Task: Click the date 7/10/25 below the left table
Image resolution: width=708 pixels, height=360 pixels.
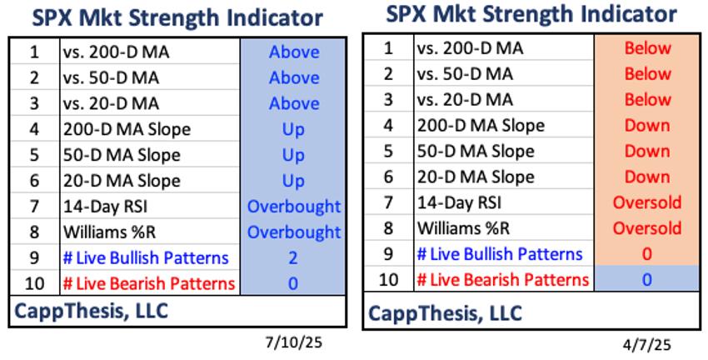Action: click(x=294, y=342)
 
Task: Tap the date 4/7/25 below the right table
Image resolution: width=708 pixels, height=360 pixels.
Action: click(x=646, y=346)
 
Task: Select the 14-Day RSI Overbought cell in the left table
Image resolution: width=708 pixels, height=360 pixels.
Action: click(x=294, y=207)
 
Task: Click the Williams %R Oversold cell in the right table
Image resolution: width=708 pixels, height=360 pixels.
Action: click(x=647, y=227)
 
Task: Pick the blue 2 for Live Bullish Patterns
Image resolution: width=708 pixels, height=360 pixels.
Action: click(x=293, y=258)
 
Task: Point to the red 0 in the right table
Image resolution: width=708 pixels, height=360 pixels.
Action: click(x=647, y=254)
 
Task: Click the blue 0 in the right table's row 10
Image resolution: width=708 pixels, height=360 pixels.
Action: click(x=647, y=280)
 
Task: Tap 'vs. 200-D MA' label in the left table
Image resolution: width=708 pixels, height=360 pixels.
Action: click(x=117, y=52)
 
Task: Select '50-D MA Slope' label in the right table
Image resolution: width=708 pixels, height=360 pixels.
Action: click(x=476, y=151)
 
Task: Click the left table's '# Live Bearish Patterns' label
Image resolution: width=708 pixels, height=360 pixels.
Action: click(x=149, y=284)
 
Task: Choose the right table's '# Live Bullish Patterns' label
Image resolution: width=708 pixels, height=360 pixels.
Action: click(x=500, y=254)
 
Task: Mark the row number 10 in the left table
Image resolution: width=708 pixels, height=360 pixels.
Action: click(x=34, y=284)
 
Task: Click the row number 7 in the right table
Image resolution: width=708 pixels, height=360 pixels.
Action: click(x=388, y=202)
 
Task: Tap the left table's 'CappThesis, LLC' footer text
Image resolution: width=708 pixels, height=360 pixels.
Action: click(x=92, y=311)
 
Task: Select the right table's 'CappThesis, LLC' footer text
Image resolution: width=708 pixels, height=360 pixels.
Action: click(x=446, y=313)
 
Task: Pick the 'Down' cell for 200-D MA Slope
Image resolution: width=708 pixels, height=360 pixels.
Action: click(x=647, y=125)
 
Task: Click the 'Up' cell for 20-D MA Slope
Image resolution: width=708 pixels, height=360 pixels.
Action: click(x=293, y=181)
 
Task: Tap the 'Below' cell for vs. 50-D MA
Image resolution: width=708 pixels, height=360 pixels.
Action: click(x=647, y=73)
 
